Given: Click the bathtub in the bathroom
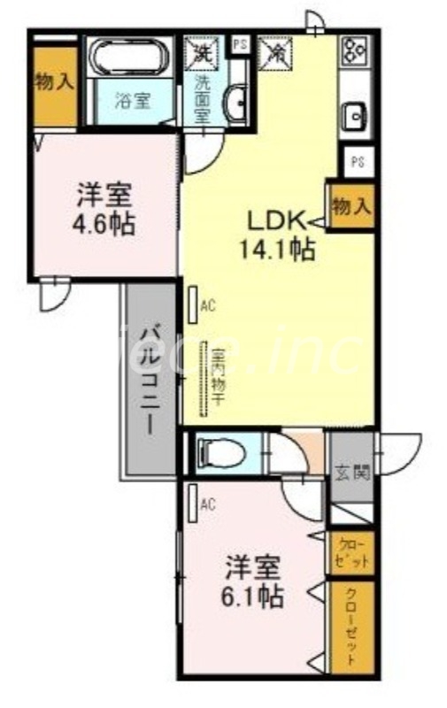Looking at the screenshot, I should point(130,58).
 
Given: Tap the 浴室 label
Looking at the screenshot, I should point(132,100).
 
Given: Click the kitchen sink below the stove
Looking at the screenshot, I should point(355,116).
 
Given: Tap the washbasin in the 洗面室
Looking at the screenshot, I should point(236,104).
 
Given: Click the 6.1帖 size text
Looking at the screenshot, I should point(253,596).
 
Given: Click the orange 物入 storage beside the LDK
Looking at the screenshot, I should point(351,206).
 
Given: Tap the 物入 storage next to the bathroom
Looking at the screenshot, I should point(54,83).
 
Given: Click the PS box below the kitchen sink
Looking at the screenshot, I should point(357,162).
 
